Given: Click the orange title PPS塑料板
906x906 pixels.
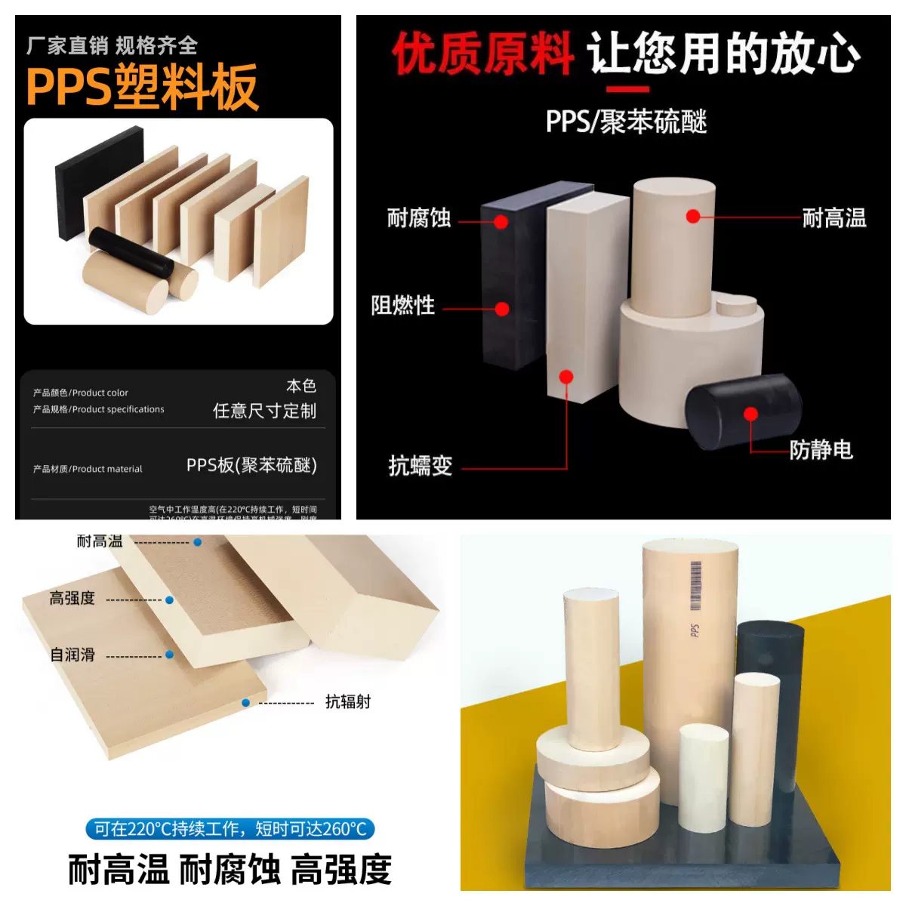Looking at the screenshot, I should pos(142,88).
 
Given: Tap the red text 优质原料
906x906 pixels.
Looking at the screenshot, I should pos(482,54).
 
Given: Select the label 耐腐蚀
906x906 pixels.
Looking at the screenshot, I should pos(419,218).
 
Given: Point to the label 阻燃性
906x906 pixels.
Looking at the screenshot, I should pos(403,306).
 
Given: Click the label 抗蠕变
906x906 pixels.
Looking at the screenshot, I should pos(421,466).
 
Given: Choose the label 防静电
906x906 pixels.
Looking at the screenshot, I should pos(821,450).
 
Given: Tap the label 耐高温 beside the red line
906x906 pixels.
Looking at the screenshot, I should pos(834,218).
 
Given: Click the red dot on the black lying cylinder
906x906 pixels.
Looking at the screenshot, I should pos(750,414).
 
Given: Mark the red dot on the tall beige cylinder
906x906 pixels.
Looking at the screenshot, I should pos(692,217).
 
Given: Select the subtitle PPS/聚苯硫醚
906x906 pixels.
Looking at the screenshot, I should pos(626,122).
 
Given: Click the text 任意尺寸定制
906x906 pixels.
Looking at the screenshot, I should pos(264,411).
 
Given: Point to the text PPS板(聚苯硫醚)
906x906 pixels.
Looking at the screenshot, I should pos(251,465).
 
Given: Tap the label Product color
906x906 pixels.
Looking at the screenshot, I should pos(81,393).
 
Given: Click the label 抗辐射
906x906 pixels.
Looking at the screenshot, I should pos(348,702).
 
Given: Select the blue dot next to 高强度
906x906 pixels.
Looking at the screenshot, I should pos(170,600).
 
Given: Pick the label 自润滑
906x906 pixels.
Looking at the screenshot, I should pos(72,655).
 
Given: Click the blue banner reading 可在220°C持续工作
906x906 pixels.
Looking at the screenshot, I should pos(230,829).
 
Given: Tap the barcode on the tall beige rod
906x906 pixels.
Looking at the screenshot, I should pos(695,585).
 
